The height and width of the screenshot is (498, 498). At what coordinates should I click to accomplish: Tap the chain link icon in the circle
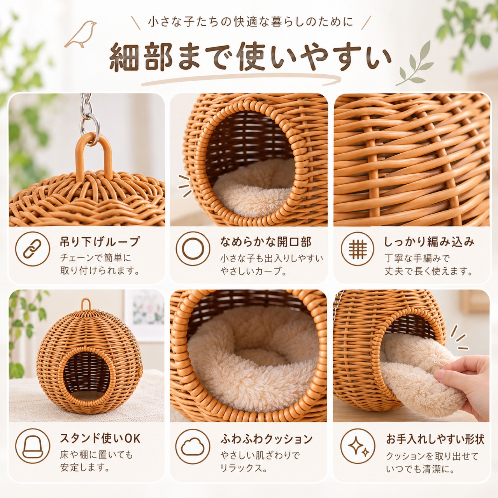tap(32, 249)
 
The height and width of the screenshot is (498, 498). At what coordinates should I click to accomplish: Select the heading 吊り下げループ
tap(100, 242)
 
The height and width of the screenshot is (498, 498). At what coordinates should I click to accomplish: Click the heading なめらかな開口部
tap(266, 241)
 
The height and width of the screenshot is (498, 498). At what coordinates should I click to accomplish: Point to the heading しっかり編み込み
tap(429, 242)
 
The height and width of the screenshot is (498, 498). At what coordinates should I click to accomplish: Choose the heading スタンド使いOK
tap(100, 438)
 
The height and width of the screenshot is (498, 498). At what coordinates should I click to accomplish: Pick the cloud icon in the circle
tap(193, 447)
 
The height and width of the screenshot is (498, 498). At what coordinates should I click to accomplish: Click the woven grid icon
tap(358, 249)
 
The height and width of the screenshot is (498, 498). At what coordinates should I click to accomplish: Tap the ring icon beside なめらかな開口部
tap(193, 249)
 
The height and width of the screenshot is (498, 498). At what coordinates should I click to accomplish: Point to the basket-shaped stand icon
tap(32, 446)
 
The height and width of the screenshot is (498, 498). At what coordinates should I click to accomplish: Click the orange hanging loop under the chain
tap(94, 158)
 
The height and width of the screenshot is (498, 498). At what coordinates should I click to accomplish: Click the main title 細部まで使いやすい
tap(250, 57)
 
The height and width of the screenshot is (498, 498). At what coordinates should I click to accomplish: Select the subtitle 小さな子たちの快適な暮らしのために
tap(250, 22)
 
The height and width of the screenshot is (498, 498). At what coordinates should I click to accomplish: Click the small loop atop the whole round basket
tap(86, 305)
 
